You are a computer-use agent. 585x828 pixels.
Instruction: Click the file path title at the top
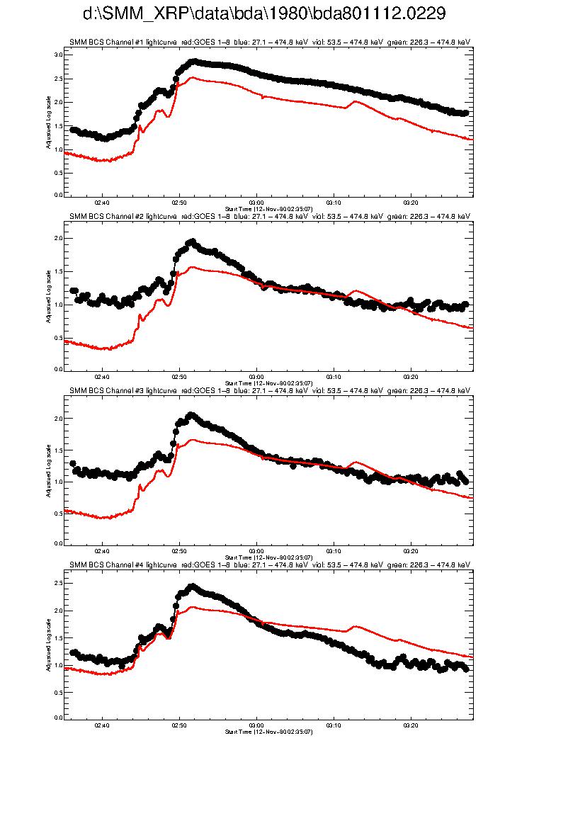[264, 14]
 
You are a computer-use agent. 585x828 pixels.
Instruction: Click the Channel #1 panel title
[270, 42]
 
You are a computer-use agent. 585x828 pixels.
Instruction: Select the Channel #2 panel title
[270, 216]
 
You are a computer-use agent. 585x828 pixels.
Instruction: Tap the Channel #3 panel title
[270, 390]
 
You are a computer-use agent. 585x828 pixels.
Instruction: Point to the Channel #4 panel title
[270, 565]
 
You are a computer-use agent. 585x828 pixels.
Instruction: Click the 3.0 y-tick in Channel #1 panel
[59, 55]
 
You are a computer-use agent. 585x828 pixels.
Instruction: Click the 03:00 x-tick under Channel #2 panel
[256, 377]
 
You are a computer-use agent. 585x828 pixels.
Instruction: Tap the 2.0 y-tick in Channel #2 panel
[59, 238]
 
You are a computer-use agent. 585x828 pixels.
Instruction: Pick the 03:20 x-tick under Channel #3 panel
[411, 551]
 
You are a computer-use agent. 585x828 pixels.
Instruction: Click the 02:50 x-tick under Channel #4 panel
[179, 725]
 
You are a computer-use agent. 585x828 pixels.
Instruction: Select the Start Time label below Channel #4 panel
[268, 732]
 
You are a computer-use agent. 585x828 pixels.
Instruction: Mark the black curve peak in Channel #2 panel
[191, 242]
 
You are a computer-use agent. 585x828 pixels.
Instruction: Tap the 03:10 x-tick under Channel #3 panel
[334, 551]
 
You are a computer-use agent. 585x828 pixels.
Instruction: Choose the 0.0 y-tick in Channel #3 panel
[59, 543]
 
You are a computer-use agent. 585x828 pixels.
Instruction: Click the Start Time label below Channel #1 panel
[268, 209]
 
